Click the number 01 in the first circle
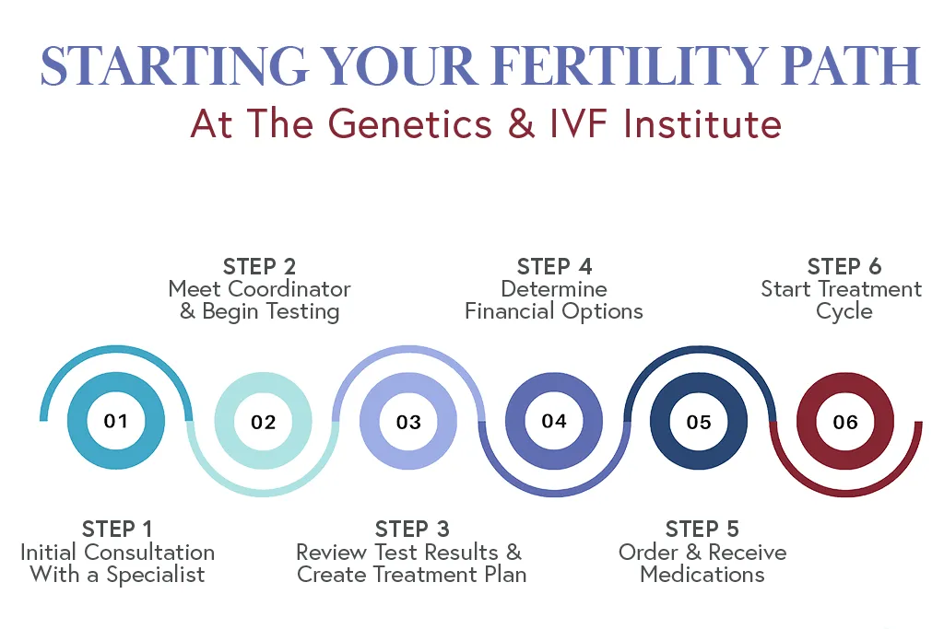coord(116,422)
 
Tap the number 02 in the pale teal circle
coord(263,423)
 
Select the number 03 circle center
coord(408,423)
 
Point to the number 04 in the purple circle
coord(554,422)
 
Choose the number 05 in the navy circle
coord(700,423)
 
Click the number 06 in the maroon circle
coord(845,423)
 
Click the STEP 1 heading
coord(117,529)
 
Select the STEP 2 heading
coord(260,267)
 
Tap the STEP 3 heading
coord(411,529)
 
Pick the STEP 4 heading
coord(554,267)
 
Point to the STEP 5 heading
coord(702,529)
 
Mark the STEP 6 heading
coord(844,267)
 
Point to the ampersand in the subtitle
coord(522,123)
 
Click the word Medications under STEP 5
coord(702,575)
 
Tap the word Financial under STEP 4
coord(516,311)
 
